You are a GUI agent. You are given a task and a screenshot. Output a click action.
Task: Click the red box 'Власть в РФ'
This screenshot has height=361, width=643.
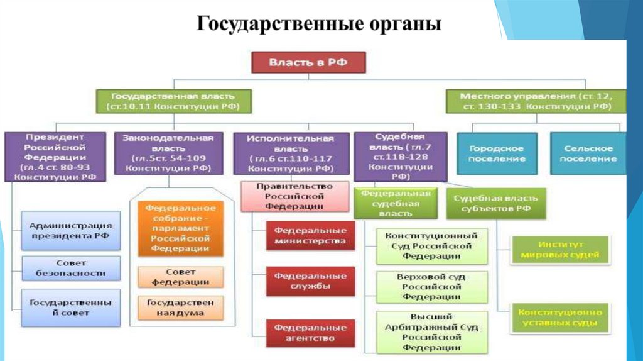(308, 63)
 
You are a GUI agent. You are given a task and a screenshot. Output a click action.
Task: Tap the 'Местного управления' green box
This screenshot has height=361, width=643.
(536, 101)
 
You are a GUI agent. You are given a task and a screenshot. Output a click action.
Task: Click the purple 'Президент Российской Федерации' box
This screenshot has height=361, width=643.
(55, 157)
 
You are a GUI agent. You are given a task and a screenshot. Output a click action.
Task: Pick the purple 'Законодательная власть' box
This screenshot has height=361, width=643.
(168, 153)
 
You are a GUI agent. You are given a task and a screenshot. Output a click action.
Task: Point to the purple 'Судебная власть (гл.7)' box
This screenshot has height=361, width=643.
(400, 156)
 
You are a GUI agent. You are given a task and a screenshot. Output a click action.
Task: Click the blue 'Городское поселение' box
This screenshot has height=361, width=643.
(497, 153)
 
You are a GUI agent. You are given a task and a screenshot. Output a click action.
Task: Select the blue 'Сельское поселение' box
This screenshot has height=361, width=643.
(588, 153)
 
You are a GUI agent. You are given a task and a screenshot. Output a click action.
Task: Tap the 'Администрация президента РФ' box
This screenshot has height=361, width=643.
(71, 230)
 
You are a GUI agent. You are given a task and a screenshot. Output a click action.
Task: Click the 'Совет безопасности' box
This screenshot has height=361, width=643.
(71, 269)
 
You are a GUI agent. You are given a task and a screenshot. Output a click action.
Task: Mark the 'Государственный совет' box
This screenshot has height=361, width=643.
(71, 307)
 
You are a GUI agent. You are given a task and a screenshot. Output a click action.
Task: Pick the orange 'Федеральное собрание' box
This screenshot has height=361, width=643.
(180, 228)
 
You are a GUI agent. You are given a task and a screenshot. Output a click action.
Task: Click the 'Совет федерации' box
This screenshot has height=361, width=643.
(180, 277)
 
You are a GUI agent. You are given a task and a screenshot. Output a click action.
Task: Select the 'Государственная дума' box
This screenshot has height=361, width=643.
(180, 307)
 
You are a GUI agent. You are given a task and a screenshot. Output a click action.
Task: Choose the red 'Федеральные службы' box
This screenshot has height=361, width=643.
(310, 281)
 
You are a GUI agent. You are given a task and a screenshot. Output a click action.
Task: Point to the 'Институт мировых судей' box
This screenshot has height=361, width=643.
(561, 249)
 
